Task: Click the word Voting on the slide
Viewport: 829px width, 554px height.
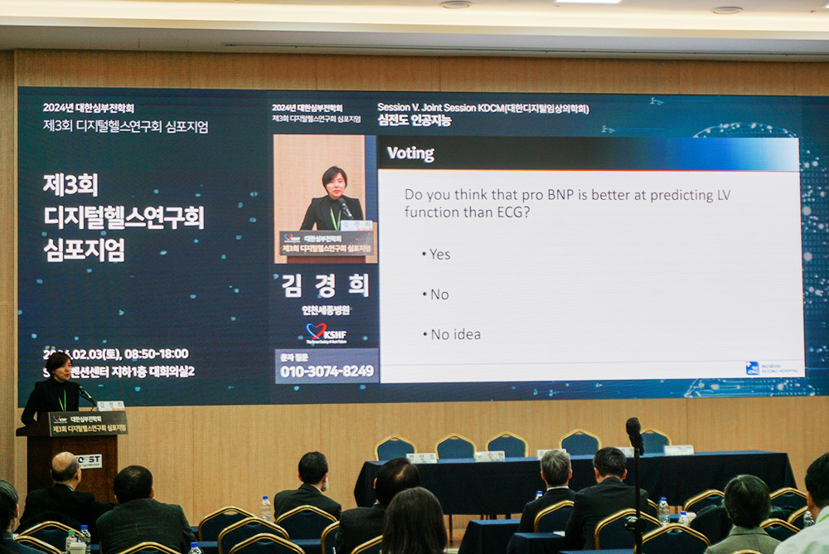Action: coord(411,153)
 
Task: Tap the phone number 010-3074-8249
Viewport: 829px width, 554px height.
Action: coord(327,371)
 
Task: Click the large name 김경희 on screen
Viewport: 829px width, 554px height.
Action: coord(326,285)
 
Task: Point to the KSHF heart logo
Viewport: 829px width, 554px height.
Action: coord(325,332)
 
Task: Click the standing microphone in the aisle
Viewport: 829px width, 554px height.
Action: coord(634,435)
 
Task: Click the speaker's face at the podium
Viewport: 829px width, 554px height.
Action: coord(58,366)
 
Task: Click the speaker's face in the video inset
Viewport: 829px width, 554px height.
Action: coord(333,181)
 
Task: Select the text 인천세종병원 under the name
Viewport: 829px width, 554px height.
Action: coord(326,310)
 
